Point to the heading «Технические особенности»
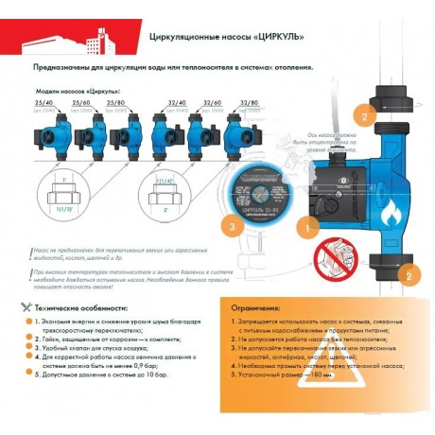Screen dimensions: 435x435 (x=78, y=309)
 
